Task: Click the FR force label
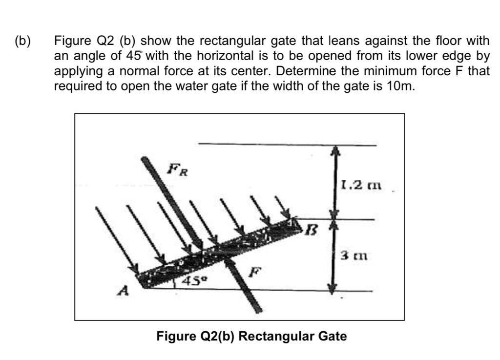tap(177, 171)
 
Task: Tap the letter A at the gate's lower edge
tap(124, 292)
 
